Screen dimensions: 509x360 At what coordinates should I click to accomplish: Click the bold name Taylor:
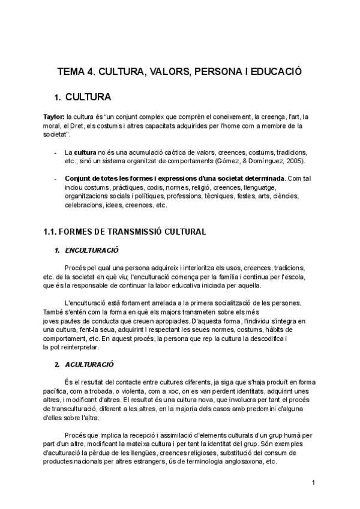pyautogui.click(x=54, y=116)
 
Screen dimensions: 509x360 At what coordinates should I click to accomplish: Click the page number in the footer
pyautogui.click(x=313, y=482)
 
